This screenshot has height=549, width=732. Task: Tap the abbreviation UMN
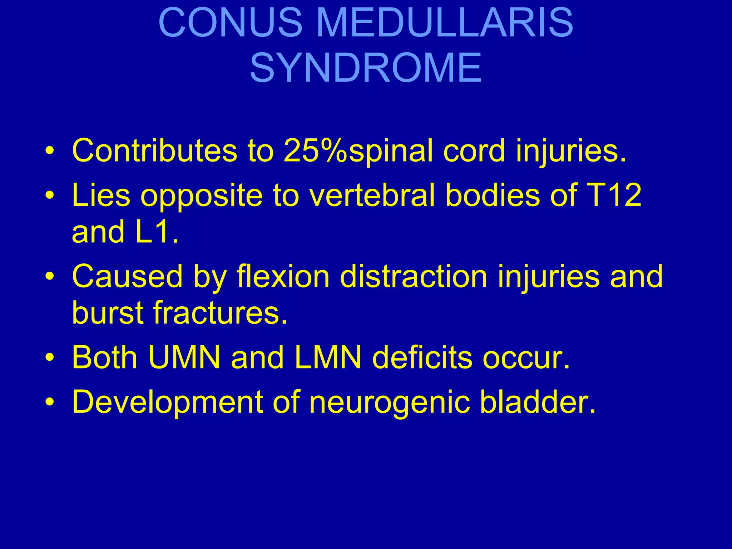click(184, 357)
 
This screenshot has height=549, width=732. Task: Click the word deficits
click(422, 357)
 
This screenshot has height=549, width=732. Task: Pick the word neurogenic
click(390, 402)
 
